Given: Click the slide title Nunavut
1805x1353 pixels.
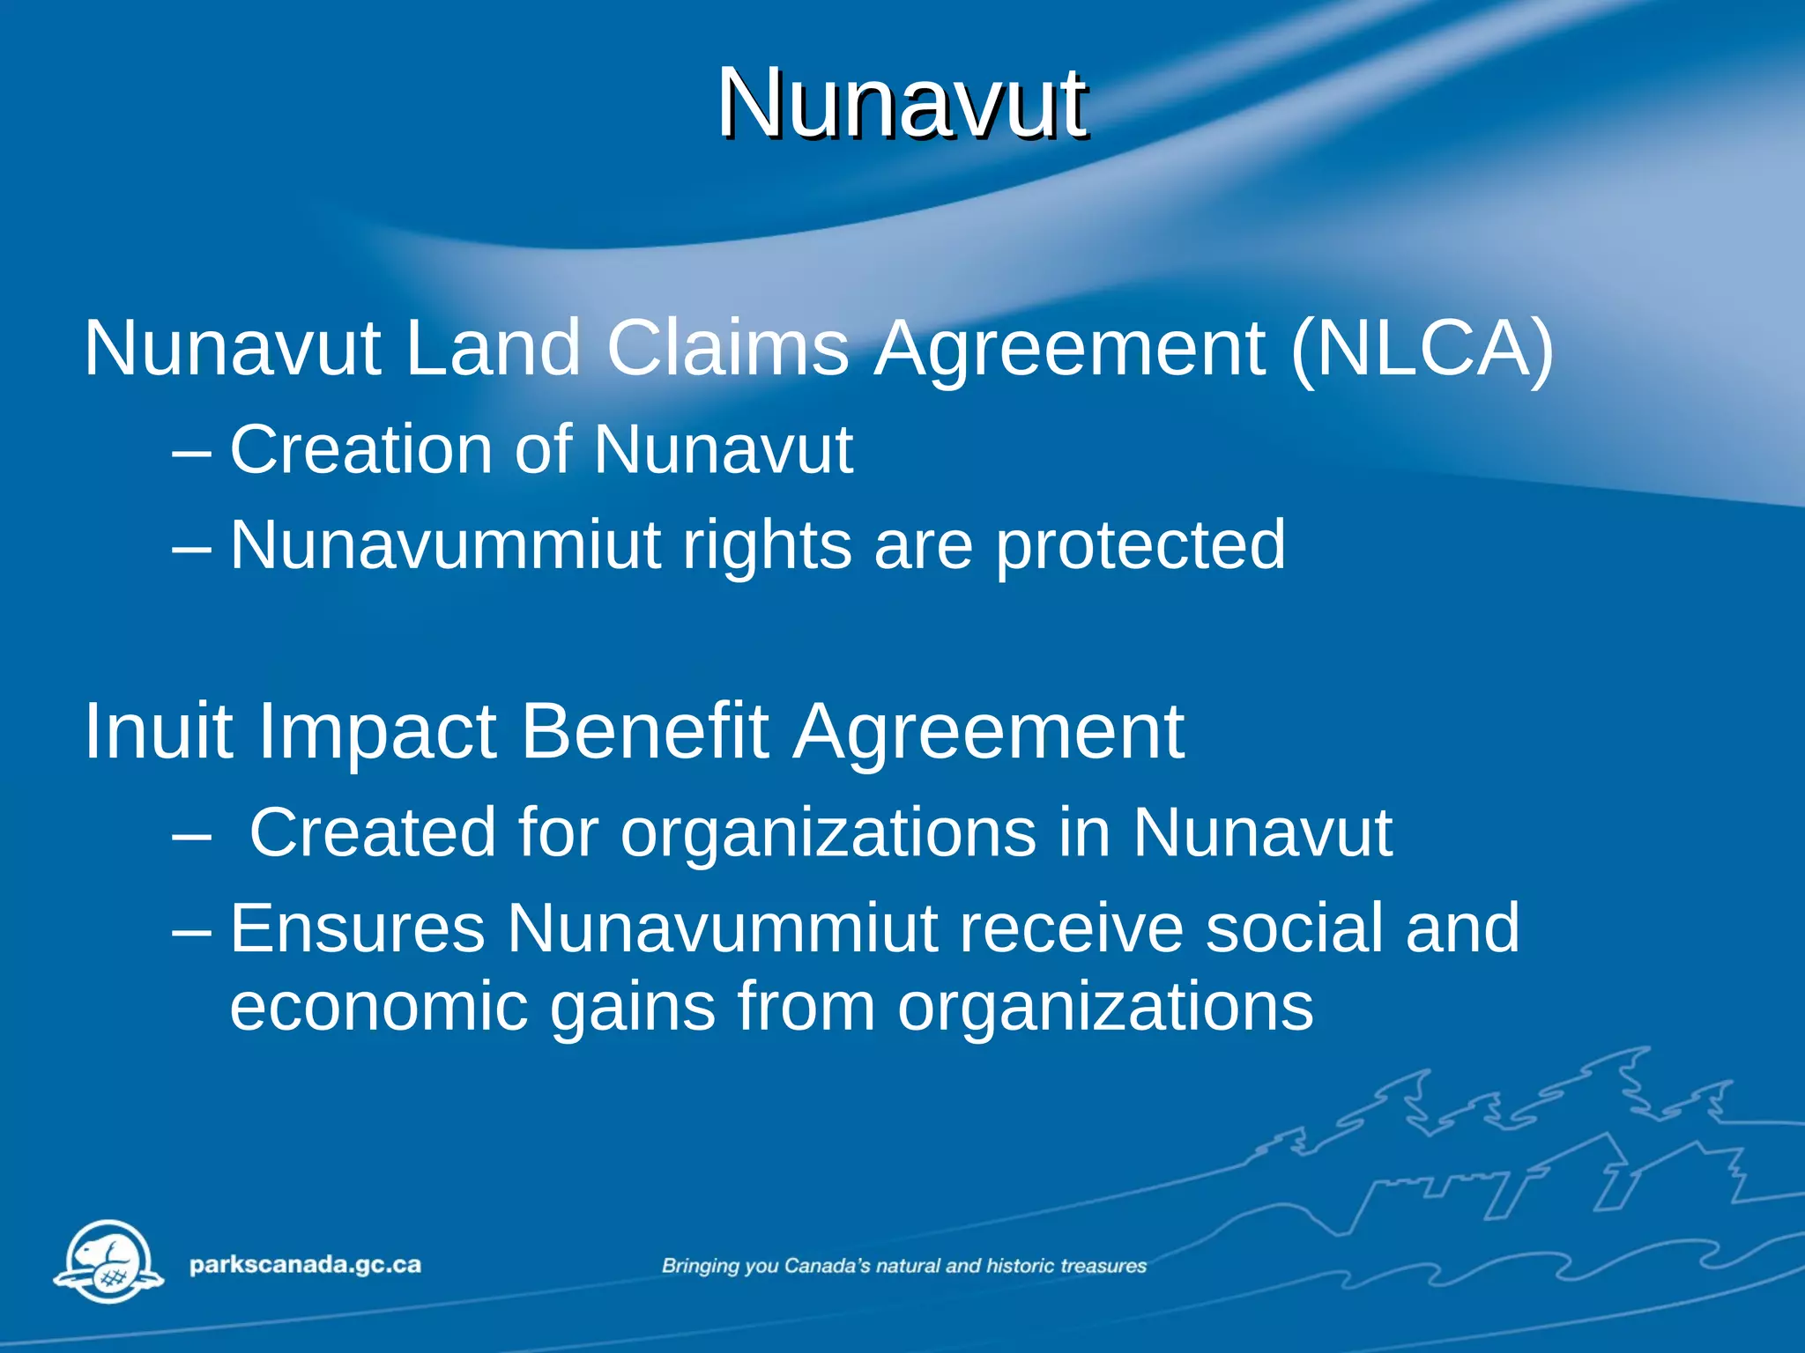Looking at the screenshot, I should pos(902,103).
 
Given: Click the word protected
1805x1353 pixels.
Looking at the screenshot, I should pos(1140,546).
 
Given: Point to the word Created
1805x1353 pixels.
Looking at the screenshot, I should pos(373,832).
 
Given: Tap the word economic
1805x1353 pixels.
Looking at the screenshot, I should pos(379,1007).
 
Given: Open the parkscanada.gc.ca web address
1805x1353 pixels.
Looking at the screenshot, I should pos(305,1266).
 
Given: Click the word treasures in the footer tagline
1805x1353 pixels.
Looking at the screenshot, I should pos(1103,1266).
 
